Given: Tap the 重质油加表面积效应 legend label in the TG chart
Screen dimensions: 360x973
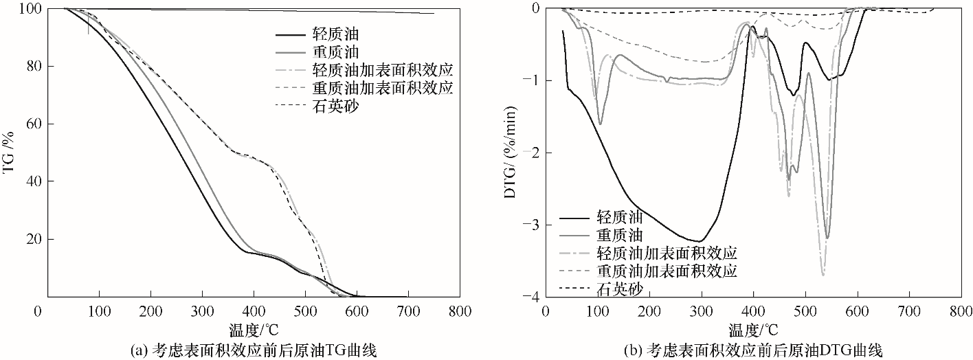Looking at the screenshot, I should (383, 87).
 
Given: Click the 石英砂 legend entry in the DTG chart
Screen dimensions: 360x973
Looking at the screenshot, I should (618, 289).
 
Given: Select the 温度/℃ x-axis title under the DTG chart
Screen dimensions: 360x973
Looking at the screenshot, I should (754, 328).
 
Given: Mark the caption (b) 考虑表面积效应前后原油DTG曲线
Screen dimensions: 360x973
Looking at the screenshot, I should (753, 348).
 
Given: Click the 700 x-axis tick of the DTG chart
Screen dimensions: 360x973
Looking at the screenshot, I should (909, 311).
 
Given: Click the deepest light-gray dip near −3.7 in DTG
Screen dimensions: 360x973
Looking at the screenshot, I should (823, 274).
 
